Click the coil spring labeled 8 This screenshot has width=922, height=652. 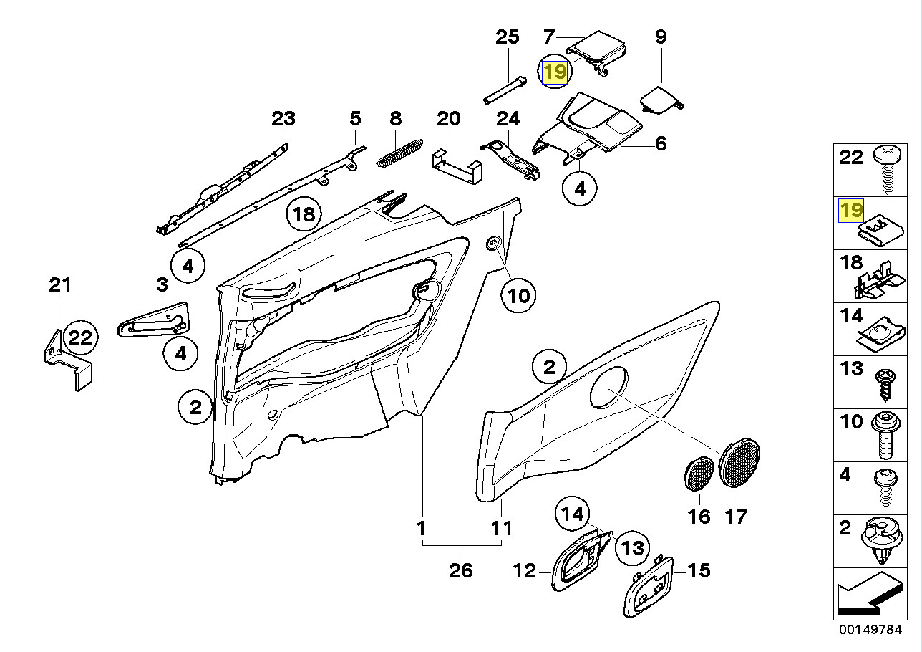pos(399,153)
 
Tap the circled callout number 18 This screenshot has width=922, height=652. pos(304,214)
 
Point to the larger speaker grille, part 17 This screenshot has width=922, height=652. pos(739,465)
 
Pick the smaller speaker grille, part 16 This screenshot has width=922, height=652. pos(696,473)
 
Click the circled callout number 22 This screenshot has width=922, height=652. pos(81,338)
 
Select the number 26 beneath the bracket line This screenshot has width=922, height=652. pos(462,570)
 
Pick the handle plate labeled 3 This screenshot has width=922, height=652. pos(153,319)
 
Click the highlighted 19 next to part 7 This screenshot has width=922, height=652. pos(555,72)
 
